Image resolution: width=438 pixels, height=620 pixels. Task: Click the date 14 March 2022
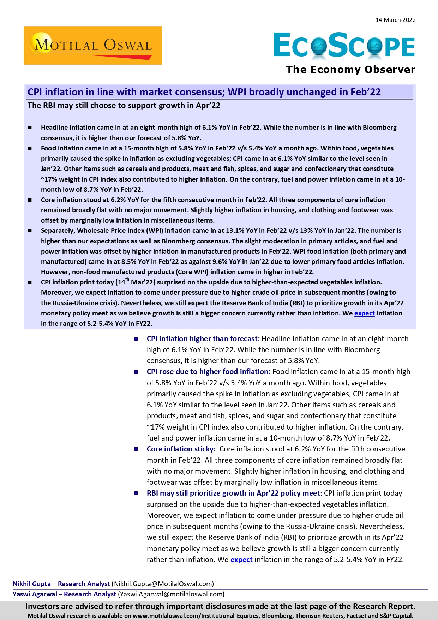tap(395, 20)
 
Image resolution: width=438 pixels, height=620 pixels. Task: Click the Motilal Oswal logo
tap(93, 46)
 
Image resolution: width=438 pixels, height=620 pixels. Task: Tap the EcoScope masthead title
tap(344, 45)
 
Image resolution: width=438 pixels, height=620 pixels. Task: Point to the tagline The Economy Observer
tap(350, 70)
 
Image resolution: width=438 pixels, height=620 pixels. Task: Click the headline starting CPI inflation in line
tap(204, 92)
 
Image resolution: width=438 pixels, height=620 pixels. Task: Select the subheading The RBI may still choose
tap(124, 105)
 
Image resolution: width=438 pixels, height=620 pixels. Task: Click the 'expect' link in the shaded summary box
tap(364, 313)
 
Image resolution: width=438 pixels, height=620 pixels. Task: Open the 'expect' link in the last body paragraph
tap(241, 560)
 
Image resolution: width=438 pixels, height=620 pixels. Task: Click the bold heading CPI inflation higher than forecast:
tap(203, 339)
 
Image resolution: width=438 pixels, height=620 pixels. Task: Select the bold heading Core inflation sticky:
tap(181, 449)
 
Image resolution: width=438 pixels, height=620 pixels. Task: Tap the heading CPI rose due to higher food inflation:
tap(208, 372)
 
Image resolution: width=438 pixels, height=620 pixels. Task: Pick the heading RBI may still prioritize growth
tap(234, 493)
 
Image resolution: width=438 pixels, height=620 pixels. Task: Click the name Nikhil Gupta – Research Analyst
tap(61, 584)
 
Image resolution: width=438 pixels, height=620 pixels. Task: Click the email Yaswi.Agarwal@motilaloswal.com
tap(171, 594)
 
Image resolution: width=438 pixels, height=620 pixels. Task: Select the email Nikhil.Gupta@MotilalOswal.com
tap(163, 584)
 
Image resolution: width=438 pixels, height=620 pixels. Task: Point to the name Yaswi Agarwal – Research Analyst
tap(64, 594)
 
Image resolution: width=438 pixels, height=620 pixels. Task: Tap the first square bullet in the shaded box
tap(30, 128)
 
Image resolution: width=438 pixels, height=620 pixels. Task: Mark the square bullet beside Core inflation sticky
tap(136, 449)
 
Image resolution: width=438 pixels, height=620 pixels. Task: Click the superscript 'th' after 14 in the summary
tap(127, 280)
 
